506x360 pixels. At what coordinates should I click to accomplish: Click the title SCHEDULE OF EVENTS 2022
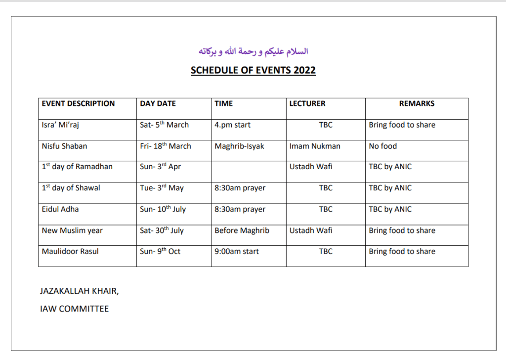[253, 70]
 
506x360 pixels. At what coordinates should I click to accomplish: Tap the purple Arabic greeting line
[253, 51]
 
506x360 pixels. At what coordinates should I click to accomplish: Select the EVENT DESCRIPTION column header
[78, 104]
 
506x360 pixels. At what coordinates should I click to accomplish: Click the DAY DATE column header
[158, 104]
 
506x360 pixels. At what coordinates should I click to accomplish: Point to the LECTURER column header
[307, 104]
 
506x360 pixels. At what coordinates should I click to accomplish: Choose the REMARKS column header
[417, 104]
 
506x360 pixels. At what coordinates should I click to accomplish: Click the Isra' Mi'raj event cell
[60, 125]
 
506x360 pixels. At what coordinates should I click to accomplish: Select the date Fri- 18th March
[165, 146]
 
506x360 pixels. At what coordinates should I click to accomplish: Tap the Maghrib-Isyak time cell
[239, 146]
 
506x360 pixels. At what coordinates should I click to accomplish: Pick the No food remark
[382, 146]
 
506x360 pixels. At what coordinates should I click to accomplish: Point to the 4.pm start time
[232, 125]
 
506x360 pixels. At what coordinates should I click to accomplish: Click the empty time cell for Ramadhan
[249, 167]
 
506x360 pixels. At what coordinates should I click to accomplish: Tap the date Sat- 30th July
[162, 230]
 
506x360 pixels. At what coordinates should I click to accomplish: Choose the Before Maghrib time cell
[242, 230]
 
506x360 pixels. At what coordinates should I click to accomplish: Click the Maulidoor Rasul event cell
[70, 252]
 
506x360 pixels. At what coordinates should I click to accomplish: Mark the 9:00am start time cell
[236, 252]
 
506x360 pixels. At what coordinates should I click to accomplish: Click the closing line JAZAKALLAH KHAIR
[79, 291]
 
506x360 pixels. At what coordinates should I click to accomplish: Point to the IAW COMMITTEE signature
[74, 309]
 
